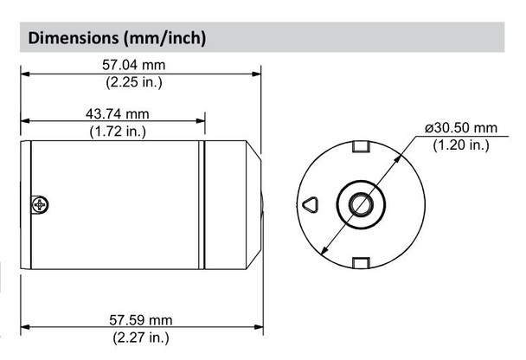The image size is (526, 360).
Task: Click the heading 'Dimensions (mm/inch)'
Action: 117,38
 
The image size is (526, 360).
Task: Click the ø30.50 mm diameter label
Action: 461,127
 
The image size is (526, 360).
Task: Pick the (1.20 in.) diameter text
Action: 461,145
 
